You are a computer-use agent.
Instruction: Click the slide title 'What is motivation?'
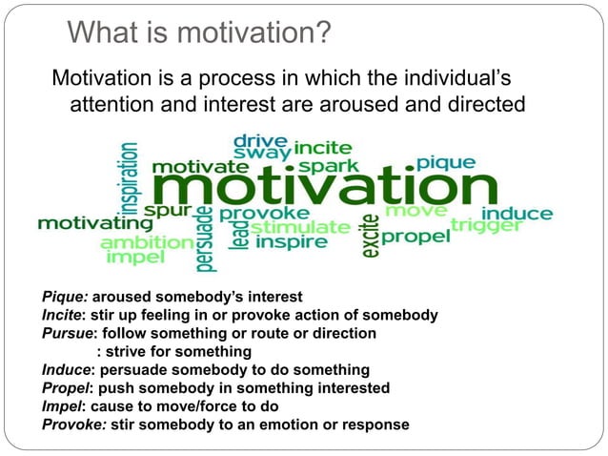[199, 33]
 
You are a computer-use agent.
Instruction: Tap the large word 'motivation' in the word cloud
[324, 186]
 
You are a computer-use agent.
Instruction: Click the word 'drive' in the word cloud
[261, 139]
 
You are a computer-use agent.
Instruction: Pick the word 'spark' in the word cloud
[329, 166]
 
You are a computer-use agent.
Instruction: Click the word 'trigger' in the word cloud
[486, 225]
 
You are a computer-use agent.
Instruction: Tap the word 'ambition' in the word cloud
[146, 242]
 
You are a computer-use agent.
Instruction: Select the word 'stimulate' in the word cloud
[301, 227]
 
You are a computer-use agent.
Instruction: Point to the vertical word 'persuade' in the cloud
[205, 238]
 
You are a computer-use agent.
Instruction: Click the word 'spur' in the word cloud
[167, 209]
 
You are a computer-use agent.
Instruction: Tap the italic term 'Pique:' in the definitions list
[65, 298]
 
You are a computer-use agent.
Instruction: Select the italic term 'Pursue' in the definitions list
[68, 333]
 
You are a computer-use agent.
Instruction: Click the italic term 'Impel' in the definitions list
[63, 405]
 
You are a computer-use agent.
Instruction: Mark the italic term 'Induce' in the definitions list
[67, 369]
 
